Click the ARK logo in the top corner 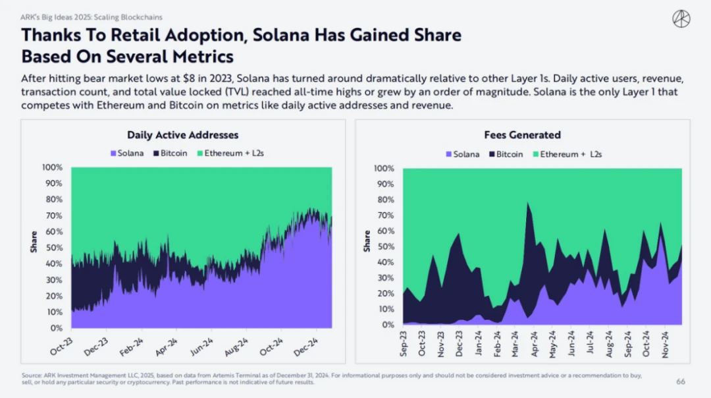(681, 18)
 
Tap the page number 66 (681, 382)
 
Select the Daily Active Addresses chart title (182, 135)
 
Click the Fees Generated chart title (522, 135)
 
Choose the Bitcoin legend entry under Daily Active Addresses (170, 154)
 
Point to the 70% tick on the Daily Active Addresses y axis (53, 215)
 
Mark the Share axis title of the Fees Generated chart (367, 241)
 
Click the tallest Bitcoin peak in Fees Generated (528, 203)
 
